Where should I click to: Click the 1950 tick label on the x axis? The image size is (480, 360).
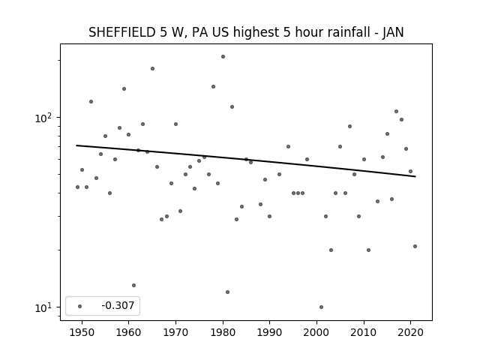pyautogui.click(x=82, y=332)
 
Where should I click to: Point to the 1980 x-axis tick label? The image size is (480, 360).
pyautogui.click(x=223, y=332)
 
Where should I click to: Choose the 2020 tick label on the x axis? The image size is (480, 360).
pyautogui.click(x=410, y=332)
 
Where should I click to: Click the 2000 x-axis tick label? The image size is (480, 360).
pyautogui.click(x=316, y=332)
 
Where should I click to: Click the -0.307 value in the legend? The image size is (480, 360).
pyautogui.click(x=118, y=305)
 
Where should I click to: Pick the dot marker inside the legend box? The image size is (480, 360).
pyautogui.click(x=80, y=306)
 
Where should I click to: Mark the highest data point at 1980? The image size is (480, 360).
pyautogui.click(x=223, y=57)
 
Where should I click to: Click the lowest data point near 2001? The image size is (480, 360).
pyautogui.click(x=321, y=307)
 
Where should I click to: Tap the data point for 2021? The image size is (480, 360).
pyautogui.click(x=415, y=247)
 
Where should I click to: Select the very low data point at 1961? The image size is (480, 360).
pyautogui.click(x=133, y=285)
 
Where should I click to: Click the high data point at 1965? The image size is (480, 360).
pyautogui.click(x=152, y=68)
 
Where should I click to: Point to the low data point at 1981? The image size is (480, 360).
pyautogui.click(x=227, y=292)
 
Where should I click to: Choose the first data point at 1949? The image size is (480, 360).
pyautogui.click(x=77, y=187)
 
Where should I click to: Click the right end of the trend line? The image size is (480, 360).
pyautogui.click(x=415, y=177)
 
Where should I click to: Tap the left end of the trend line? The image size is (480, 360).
pyautogui.click(x=76, y=145)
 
